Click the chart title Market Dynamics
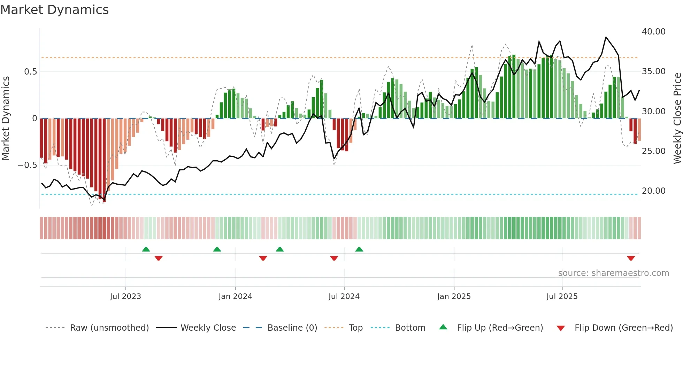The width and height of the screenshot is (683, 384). (55, 10)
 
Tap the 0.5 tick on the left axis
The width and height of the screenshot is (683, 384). (30, 72)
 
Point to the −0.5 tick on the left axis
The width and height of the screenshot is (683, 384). (27, 165)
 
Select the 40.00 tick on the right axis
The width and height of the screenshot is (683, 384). (653, 32)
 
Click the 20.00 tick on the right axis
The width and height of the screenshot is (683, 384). (653, 191)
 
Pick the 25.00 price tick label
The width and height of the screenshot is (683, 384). (653, 151)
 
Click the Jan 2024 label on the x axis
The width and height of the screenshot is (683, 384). (235, 297)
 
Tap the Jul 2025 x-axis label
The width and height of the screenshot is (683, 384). (562, 297)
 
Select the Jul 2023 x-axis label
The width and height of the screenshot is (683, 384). (125, 297)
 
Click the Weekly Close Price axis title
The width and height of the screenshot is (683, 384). (677, 118)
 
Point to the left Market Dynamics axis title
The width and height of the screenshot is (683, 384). (6, 118)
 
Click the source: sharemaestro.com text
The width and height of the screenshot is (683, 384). (613, 273)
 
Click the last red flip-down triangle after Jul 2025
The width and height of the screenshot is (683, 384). (631, 258)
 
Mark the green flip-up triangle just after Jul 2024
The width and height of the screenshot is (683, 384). (359, 249)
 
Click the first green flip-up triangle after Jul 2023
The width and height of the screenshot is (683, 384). (146, 249)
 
